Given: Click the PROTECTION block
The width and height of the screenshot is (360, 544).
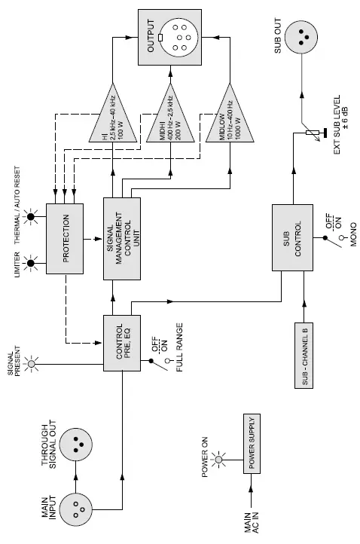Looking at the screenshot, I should point(67,237).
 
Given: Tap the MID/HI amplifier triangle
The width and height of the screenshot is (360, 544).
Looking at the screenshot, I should point(170,121).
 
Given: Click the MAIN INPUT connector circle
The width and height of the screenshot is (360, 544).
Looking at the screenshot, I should point(78,509).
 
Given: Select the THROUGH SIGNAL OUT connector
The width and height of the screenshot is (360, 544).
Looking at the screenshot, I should point(78,445).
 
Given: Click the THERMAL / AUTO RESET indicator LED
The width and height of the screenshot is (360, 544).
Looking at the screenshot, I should point(32,219).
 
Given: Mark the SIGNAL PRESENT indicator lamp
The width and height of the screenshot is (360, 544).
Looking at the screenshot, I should point(32,365).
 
